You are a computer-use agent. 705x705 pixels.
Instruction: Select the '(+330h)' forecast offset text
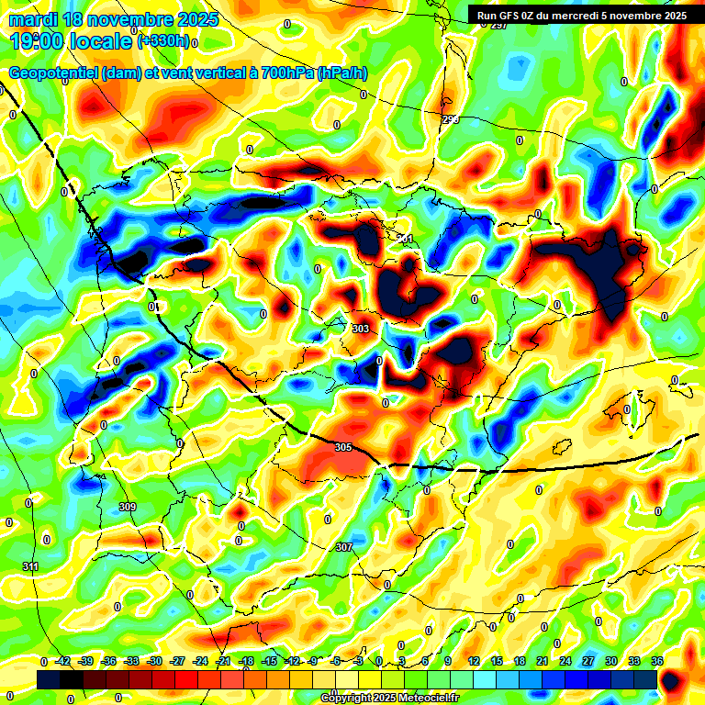pyautogui.click(x=162, y=41)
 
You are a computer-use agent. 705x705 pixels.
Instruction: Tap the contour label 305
pyautogui.click(x=343, y=447)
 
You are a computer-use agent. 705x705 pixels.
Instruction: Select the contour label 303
pyautogui.click(x=361, y=328)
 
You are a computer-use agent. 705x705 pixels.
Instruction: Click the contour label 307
pyautogui.click(x=343, y=547)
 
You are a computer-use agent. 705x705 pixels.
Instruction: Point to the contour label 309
pyautogui.click(x=128, y=508)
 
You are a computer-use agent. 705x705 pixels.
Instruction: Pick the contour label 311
pyautogui.click(x=31, y=566)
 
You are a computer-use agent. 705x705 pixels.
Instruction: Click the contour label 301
pyautogui.click(x=405, y=239)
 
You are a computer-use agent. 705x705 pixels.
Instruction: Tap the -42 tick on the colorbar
pyautogui.click(x=63, y=661)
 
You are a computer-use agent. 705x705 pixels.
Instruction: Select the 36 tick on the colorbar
pyautogui.click(x=657, y=661)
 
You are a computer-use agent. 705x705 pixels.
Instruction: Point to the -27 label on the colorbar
pyautogui.click(x=177, y=661)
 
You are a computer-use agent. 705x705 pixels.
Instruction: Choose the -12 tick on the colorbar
pyautogui.click(x=292, y=661)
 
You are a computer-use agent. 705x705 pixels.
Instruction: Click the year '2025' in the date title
pyautogui.click(x=195, y=19)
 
